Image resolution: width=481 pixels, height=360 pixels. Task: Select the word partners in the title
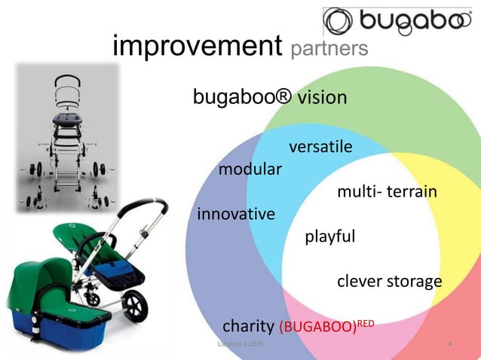click(x=329, y=48)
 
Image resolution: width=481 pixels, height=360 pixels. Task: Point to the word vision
click(x=322, y=98)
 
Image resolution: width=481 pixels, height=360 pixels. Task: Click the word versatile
click(x=320, y=146)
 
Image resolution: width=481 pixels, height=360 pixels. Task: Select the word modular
click(x=250, y=168)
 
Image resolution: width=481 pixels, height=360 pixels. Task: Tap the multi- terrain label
click(x=387, y=193)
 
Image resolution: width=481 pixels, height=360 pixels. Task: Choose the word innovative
click(x=236, y=215)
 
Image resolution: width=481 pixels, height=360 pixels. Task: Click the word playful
click(x=329, y=237)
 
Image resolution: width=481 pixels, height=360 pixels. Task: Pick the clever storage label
click(x=389, y=282)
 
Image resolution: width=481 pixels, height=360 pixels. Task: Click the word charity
click(x=248, y=326)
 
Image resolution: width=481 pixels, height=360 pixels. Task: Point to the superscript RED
click(x=365, y=322)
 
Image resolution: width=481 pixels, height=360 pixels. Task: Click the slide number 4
click(x=450, y=345)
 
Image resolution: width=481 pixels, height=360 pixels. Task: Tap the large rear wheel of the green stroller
click(x=136, y=307)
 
